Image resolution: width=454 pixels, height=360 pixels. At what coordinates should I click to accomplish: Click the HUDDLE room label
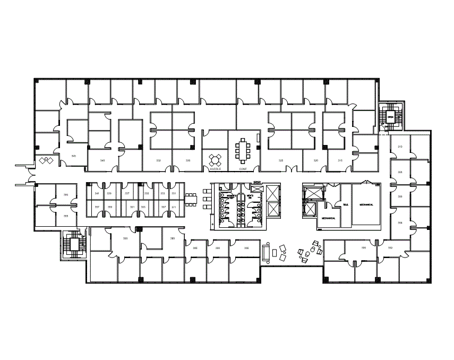(215, 168)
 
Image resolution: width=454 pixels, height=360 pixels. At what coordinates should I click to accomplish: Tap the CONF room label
(243, 168)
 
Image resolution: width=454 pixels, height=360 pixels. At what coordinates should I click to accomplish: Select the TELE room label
(345, 204)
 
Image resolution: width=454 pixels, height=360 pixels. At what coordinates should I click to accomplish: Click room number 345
(74, 156)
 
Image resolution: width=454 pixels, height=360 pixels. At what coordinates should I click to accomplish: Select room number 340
(103, 160)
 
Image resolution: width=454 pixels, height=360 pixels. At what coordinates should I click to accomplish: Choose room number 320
(315, 160)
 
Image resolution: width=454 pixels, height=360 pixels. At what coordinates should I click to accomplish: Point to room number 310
(400, 147)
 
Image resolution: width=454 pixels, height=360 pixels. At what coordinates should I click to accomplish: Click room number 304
(400, 222)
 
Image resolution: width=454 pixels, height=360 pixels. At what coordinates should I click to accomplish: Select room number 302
(390, 248)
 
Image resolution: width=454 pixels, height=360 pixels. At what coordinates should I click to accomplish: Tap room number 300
(364, 248)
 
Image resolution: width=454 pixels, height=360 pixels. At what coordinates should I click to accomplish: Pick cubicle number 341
(97, 194)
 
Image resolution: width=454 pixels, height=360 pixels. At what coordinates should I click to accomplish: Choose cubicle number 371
(173, 207)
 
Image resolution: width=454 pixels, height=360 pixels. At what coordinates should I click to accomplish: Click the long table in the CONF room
(244, 151)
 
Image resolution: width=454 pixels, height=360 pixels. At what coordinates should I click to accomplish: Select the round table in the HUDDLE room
(216, 159)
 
